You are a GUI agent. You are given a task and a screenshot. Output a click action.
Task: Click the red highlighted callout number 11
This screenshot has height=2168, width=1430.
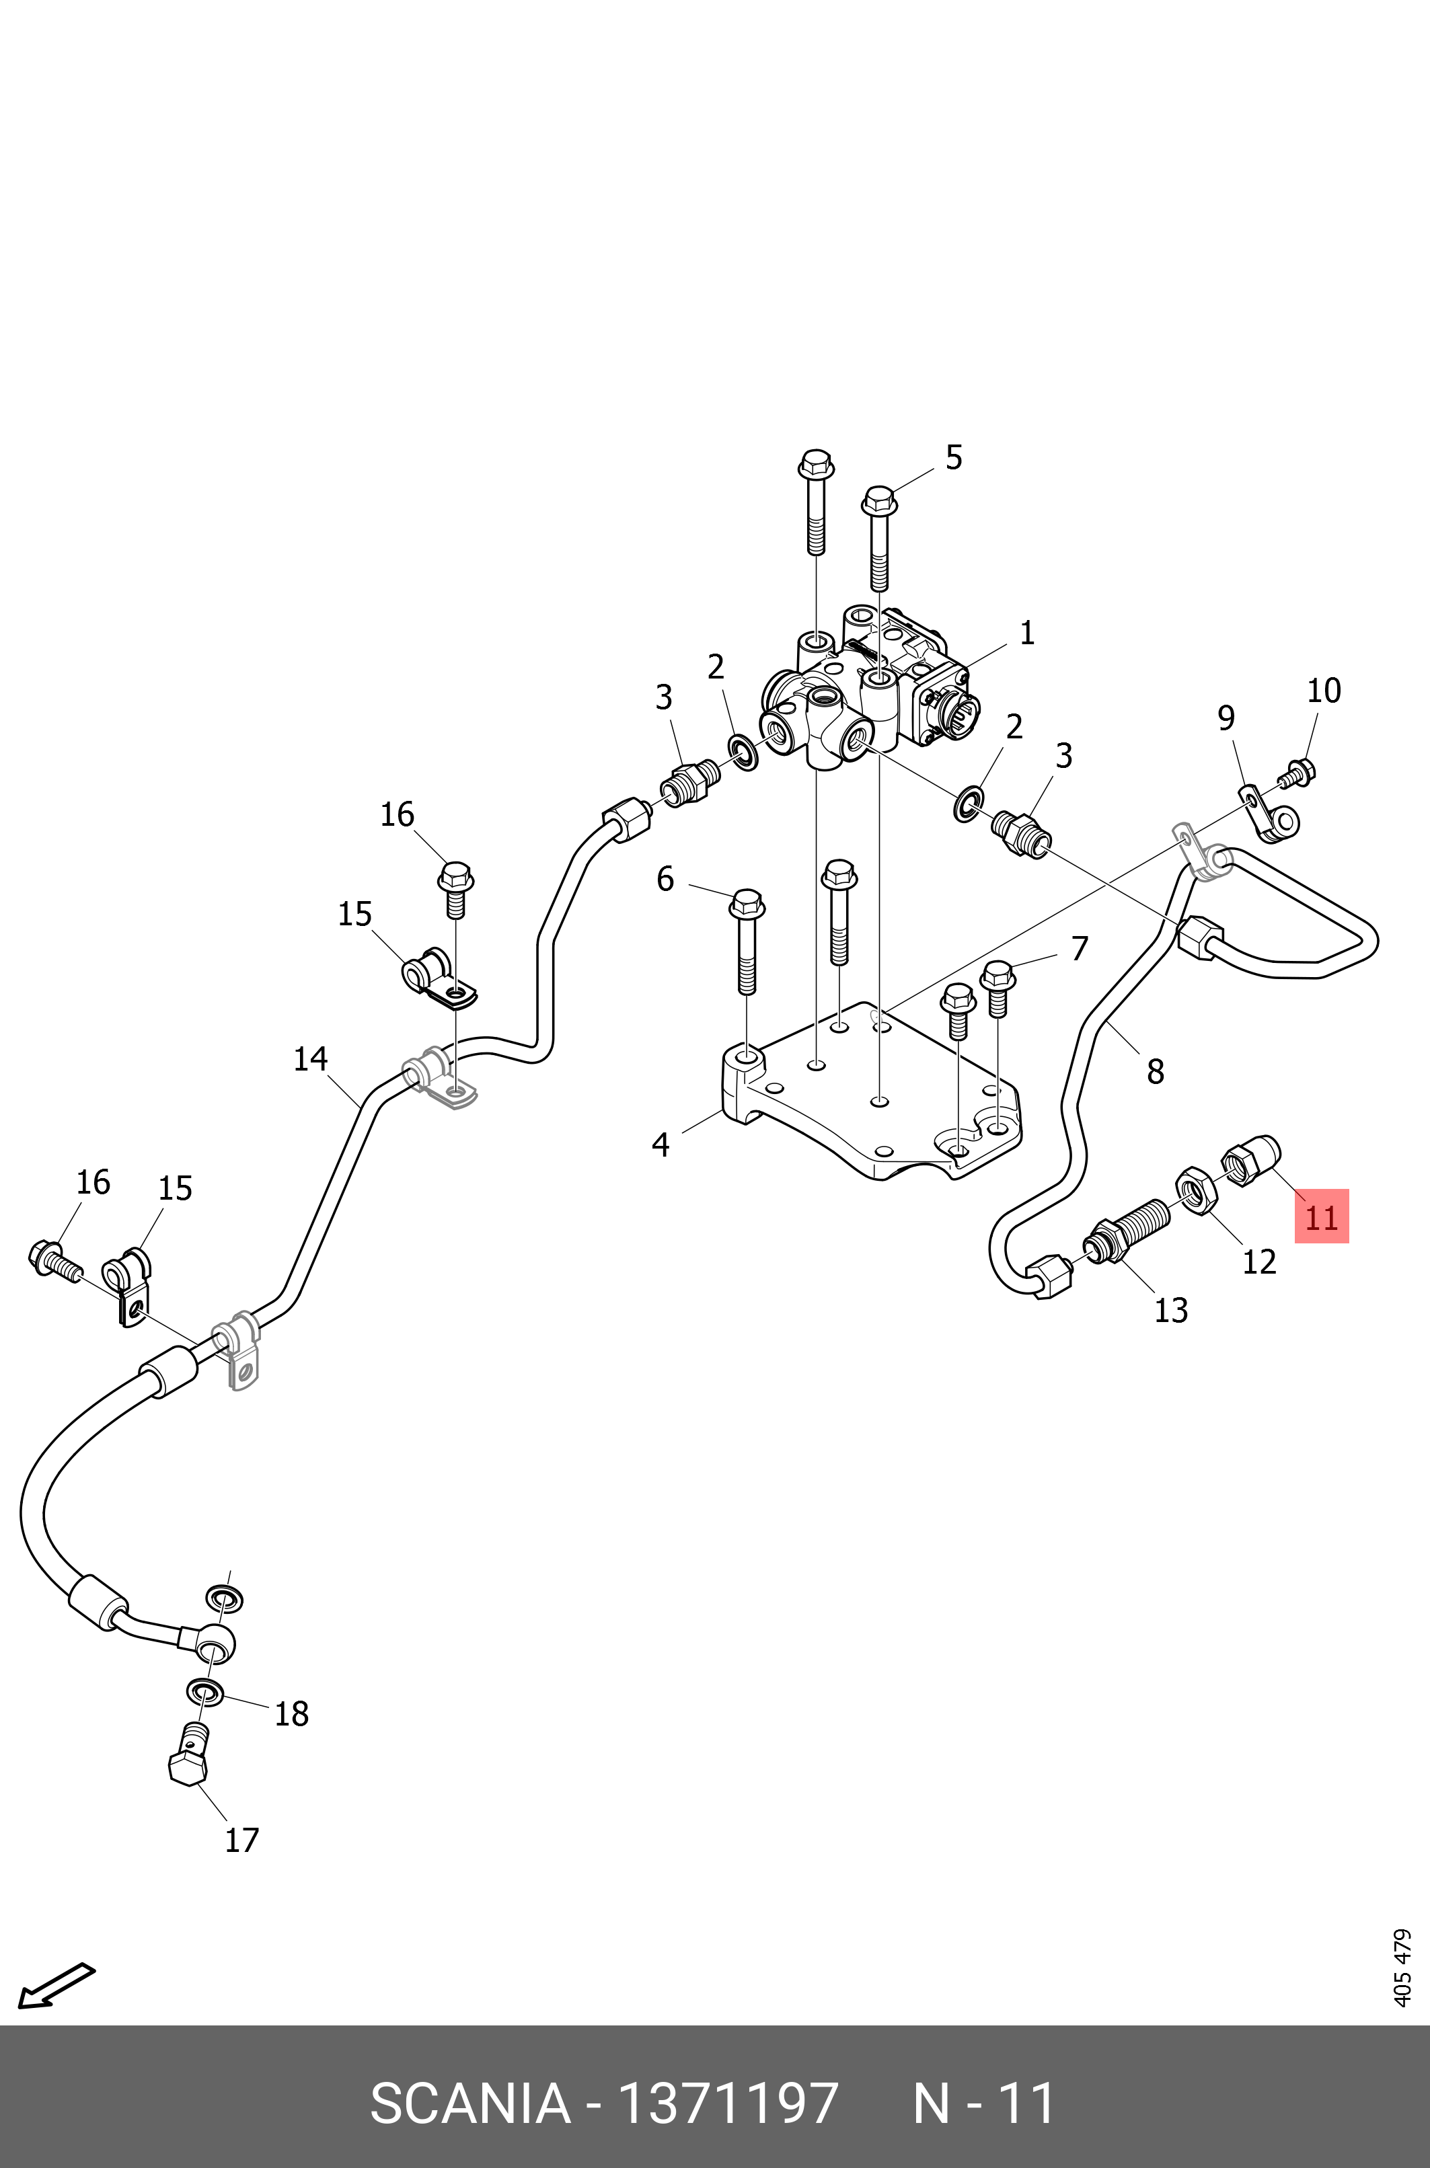(x=1322, y=1216)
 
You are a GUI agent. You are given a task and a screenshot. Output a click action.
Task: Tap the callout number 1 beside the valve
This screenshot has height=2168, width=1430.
(x=1027, y=633)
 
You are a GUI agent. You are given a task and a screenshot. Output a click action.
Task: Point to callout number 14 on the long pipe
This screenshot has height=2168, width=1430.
(x=311, y=1058)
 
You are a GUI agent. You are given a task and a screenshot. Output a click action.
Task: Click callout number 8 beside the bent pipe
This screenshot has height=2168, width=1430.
(x=1156, y=1071)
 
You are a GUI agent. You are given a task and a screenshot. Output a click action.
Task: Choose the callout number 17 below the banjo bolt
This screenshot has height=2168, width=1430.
(x=241, y=1840)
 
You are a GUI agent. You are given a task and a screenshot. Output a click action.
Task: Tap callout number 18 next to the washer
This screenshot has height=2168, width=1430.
(x=292, y=1714)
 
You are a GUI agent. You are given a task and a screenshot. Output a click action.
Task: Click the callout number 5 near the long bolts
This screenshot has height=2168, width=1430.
(x=954, y=458)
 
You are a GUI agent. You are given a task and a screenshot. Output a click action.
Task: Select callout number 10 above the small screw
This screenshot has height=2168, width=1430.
(x=1324, y=691)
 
